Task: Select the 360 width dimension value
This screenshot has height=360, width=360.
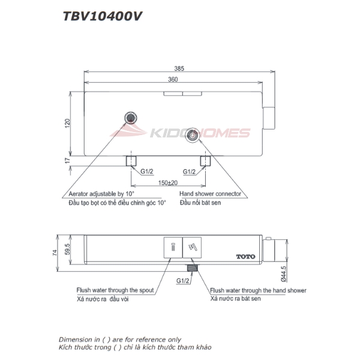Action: [174, 79]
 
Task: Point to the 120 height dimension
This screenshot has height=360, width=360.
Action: [68, 122]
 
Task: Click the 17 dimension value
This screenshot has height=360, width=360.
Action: [68, 160]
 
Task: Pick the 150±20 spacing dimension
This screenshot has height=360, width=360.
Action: [167, 182]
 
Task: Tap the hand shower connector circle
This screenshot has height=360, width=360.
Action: [192, 135]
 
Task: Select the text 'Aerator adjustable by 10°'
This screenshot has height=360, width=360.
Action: [101, 194]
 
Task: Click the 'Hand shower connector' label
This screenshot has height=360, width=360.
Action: [211, 194]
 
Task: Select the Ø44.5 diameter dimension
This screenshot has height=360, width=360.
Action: [282, 275]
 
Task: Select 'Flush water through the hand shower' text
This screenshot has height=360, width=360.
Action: [259, 290]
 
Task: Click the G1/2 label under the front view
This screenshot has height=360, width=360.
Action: [183, 280]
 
